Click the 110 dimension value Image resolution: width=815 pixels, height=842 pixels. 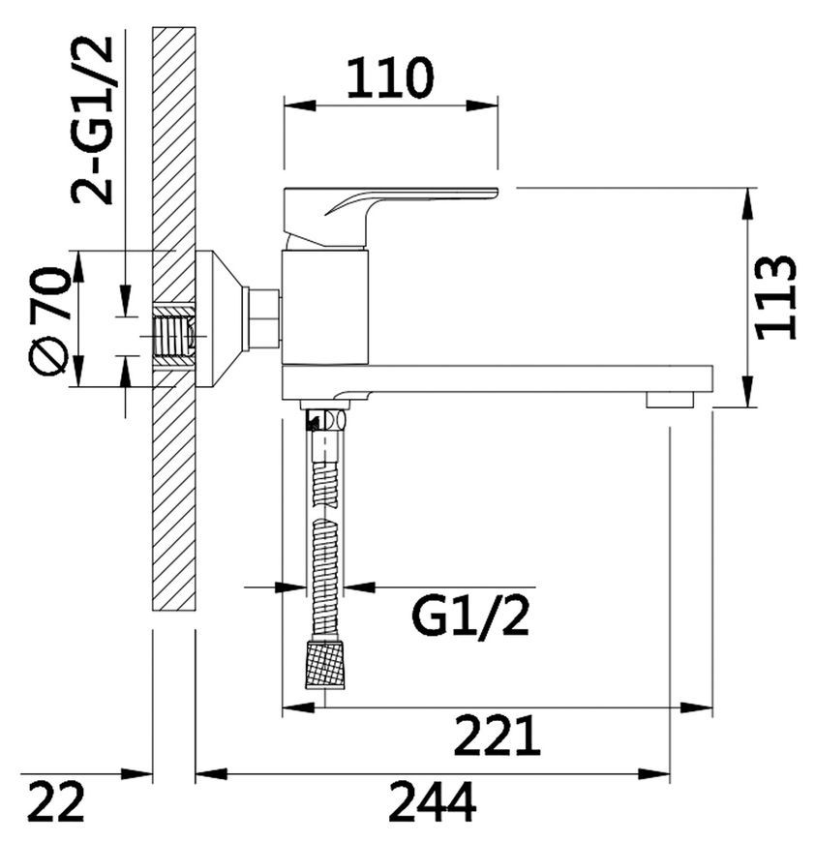coord(389,78)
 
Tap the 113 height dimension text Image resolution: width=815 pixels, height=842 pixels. coord(776,297)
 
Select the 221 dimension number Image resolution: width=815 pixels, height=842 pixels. coord(497,736)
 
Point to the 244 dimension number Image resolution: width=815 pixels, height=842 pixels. coord(433,801)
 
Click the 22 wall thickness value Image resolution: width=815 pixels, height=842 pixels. coord(56,801)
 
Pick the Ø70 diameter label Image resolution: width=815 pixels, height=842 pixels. coord(49,321)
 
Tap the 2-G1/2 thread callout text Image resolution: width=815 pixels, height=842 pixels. coord(92,120)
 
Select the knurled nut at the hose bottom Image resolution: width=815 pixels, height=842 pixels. coord(325,663)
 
